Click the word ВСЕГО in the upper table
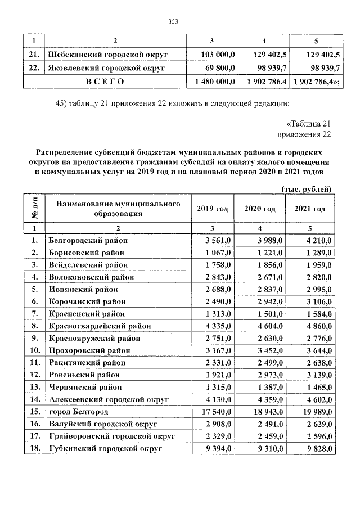tap(105, 82)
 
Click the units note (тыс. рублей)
tap(305, 188)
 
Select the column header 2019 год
tap(212, 209)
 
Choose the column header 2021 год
tap(309, 209)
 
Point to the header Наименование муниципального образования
tap(118, 208)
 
